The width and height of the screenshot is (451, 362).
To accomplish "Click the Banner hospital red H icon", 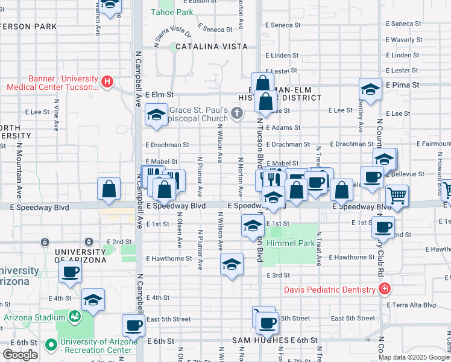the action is click(107, 81).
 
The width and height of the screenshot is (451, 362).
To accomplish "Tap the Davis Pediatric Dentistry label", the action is click(330, 290).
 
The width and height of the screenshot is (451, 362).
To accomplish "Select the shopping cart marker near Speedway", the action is click(397, 195).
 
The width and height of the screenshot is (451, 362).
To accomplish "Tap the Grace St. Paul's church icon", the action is click(238, 112).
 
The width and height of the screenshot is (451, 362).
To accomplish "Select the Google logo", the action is click(20, 354).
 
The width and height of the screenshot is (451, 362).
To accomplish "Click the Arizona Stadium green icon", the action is click(75, 316).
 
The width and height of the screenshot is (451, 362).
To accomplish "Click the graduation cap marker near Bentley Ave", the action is click(370, 89).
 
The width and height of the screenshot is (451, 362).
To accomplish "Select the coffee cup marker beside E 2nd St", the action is click(382, 227).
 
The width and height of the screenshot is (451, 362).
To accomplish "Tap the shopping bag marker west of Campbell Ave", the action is click(109, 188).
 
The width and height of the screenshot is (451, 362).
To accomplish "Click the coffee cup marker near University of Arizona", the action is click(70, 271).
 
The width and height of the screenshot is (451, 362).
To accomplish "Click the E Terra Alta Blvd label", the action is click(412, 305).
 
